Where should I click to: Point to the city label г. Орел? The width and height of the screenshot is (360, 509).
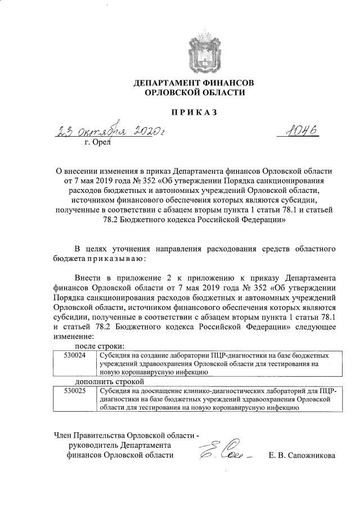pyautogui.click(x=98, y=144)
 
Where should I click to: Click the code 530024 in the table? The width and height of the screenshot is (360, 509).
pyautogui.click(x=74, y=356)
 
